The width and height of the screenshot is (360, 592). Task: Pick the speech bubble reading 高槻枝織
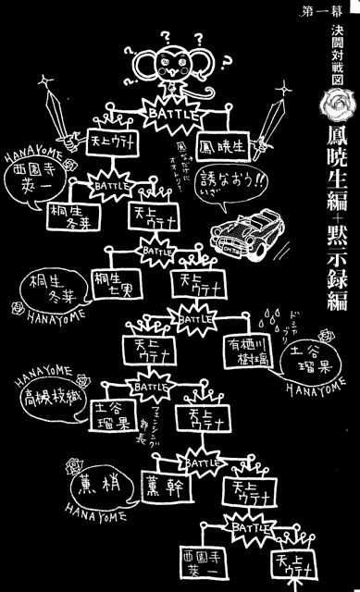coord(45,399)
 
